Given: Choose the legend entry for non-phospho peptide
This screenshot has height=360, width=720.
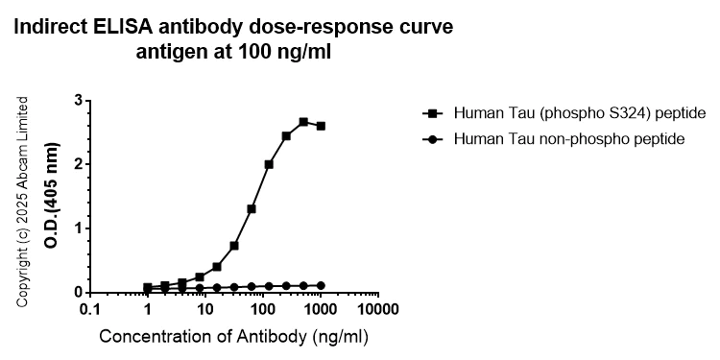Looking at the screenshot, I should coord(568,139).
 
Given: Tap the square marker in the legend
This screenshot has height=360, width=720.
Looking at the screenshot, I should coord(434,112).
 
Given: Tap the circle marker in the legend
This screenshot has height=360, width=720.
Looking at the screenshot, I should coord(434,139).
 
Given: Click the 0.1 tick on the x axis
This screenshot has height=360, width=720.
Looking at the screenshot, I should coord(91,310).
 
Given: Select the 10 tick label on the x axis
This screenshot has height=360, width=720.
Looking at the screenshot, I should coord(204,310).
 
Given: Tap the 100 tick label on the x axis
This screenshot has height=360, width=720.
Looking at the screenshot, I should coord(260,310).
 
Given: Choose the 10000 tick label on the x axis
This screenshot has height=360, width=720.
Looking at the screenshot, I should coord(376,310).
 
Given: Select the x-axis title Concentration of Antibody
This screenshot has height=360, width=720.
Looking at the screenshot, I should coord(232,337).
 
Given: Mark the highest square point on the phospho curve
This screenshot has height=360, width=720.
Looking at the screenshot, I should coord(303,122).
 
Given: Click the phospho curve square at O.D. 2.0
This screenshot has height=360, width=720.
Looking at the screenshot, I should coord(269,164).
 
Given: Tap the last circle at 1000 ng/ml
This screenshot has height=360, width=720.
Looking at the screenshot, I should coord(321,285).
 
